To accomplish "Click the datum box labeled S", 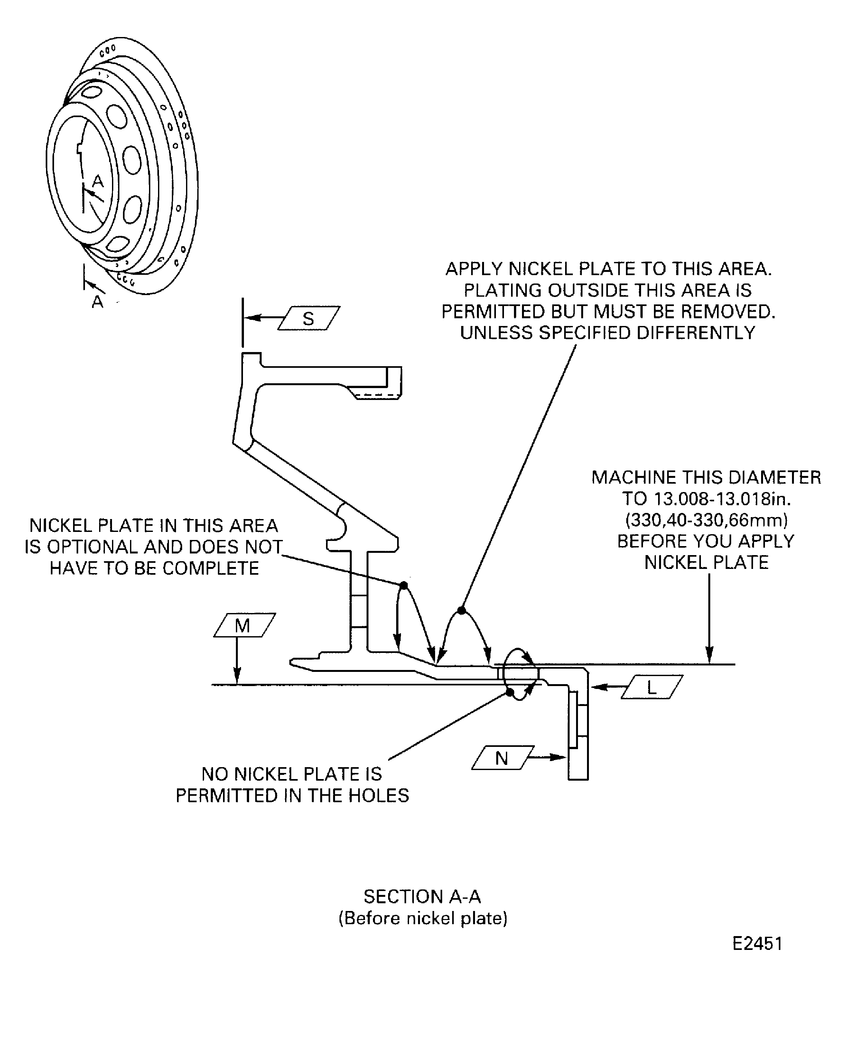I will coord(309,318).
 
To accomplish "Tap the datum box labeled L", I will coord(652,687).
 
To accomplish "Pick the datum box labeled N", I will coord(502,758).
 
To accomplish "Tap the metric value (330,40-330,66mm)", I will coord(706,520).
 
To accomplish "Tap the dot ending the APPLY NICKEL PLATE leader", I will coord(461,611).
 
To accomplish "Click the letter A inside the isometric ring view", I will coord(98,182).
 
